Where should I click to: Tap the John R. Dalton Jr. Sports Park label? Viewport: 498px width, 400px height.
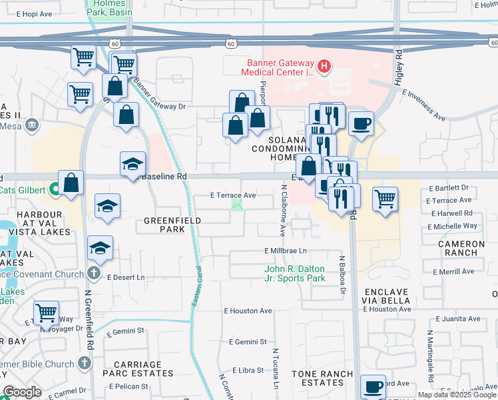pyautogui.click(x=294, y=273)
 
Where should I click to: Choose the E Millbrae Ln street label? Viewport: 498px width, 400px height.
pyautogui.click(x=285, y=251)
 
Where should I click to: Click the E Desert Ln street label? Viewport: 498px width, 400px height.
pyautogui.click(x=125, y=277)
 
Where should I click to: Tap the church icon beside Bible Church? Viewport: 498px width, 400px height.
pyautogui.click(x=85, y=362)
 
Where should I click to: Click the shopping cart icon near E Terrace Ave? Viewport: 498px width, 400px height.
pyautogui.click(x=385, y=198)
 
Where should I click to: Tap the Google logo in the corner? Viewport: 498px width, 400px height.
pyautogui.click(x=23, y=392)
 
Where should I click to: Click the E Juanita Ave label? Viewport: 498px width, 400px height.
pyautogui.click(x=456, y=319)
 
